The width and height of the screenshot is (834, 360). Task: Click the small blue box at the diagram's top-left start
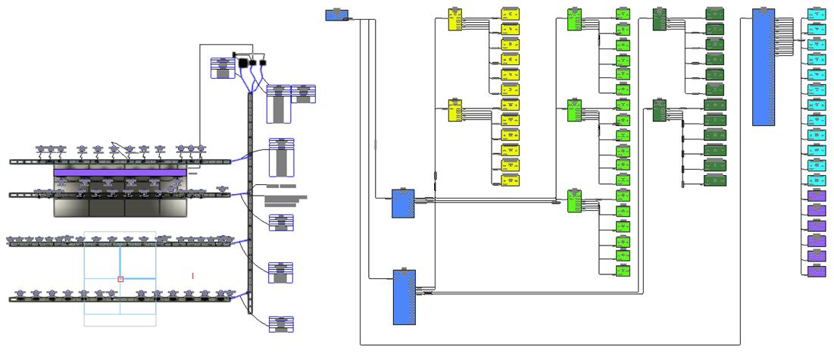[x=336, y=15]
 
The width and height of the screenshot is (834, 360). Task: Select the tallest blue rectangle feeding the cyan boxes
[x=763, y=67]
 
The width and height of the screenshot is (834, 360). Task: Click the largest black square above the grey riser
[x=244, y=63]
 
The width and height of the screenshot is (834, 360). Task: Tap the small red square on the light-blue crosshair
[x=120, y=279]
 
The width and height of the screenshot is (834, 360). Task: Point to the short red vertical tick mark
[x=193, y=276]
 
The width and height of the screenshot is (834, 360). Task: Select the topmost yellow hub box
[x=455, y=20]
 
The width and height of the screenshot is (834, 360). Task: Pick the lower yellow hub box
[x=455, y=111]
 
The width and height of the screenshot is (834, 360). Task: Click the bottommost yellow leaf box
[x=511, y=180]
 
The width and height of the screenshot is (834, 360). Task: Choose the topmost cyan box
[x=817, y=14]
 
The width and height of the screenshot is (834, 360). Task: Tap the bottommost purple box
[x=817, y=271]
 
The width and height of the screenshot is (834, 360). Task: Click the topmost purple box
[x=817, y=198]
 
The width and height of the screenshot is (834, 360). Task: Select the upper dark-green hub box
[x=659, y=20]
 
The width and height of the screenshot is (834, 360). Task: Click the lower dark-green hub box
[x=659, y=111]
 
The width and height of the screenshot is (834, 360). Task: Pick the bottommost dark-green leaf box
[x=715, y=180]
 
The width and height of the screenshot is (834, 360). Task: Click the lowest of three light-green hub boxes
[x=574, y=202]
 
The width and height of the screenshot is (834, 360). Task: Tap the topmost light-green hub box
[x=574, y=20]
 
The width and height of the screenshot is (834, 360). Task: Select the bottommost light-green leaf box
[x=623, y=271]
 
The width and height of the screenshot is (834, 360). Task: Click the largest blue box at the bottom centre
[x=404, y=296]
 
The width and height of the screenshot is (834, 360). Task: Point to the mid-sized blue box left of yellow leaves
[x=403, y=204]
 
